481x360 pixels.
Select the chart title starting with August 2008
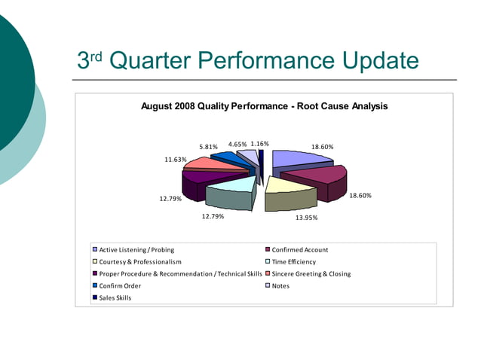(x=265, y=106)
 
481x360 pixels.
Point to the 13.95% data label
(x=305, y=217)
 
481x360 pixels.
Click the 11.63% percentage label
(x=176, y=160)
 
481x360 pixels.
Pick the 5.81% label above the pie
(x=208, y=146)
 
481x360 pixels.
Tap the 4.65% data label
(x=237, y=143)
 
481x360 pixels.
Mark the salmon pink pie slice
(x=204, y=163)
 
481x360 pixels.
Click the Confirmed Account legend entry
(x=299, y=249)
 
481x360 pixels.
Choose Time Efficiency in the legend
(x=297, y=261)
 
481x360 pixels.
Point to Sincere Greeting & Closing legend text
(x=311, y=273)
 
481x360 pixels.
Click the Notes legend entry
(x=280, y=285)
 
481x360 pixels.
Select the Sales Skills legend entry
(x=115, y=297)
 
